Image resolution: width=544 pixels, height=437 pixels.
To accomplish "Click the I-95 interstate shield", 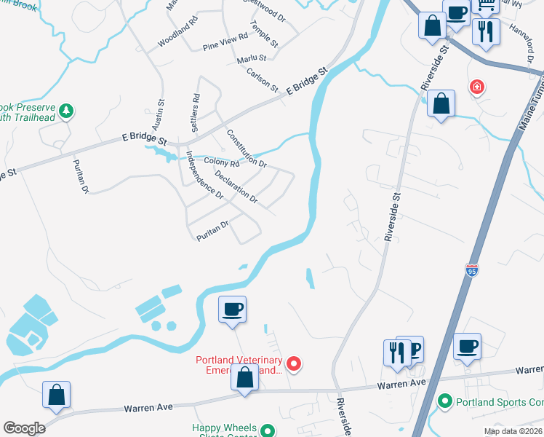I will click(x=472, y=271).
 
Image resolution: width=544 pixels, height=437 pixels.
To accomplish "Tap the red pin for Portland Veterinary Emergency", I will click(x=294, y=362).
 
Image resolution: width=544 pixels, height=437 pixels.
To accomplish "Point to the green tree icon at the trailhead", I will click(x=66, y=111).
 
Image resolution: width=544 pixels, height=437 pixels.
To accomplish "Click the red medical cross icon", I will click(x=477, y=87).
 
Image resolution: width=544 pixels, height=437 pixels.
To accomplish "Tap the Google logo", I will click(x=24, y=428).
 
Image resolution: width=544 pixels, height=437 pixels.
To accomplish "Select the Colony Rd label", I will click(x=221, y=163).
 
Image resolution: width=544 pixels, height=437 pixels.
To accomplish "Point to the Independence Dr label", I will click(x=204, y=175).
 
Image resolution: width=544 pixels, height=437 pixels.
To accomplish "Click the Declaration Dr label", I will click(x=236, y=186).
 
